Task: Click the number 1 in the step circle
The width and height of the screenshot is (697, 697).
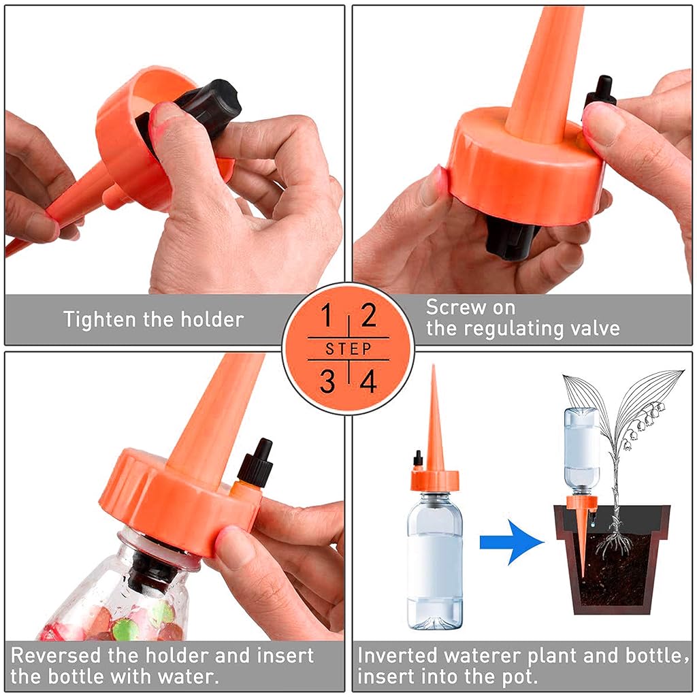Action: point(327,317)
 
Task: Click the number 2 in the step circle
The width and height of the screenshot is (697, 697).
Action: point(368,317)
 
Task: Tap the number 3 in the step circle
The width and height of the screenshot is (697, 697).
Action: point(327,382)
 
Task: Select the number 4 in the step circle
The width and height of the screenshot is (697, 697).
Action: point(369,382)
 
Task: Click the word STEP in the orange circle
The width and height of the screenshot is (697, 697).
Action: point(348,349)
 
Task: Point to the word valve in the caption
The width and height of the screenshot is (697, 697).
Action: point(594,329)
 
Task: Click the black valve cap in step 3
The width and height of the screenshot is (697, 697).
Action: point(257,463)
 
